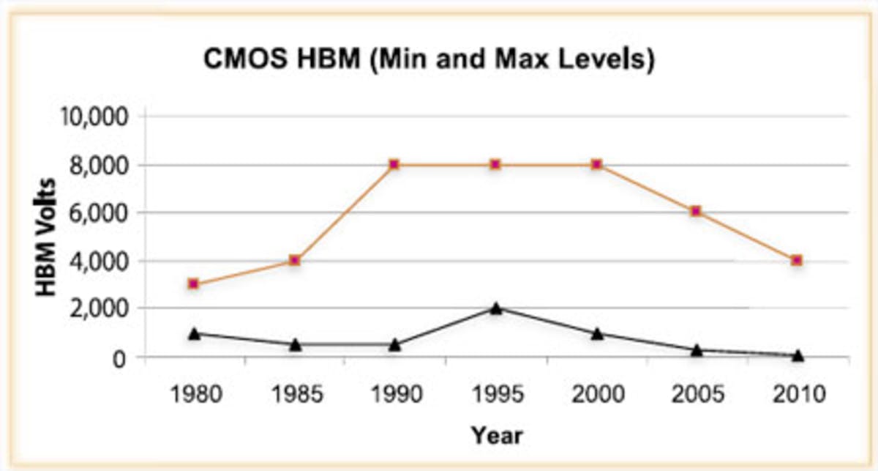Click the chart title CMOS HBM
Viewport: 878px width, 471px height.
pos(428,60)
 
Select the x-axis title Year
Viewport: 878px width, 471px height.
pos(497,435)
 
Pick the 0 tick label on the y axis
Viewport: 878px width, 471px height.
pos(121,357)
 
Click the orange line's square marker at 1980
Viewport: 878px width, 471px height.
pos(193,283)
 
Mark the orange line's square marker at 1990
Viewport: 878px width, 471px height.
pos(394,164)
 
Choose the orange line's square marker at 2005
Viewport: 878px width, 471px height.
pos(697,211)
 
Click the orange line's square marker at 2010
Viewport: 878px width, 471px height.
pos(797,260)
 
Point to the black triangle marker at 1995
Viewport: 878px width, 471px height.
pos(496,308)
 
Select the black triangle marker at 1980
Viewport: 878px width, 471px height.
pos(194,333)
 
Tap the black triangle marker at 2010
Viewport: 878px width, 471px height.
pos(798,355)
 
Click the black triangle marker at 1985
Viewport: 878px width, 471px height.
pos(295,344)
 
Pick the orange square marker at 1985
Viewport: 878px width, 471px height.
pos(295,260)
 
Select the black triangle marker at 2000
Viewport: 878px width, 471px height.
pos(597,333)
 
